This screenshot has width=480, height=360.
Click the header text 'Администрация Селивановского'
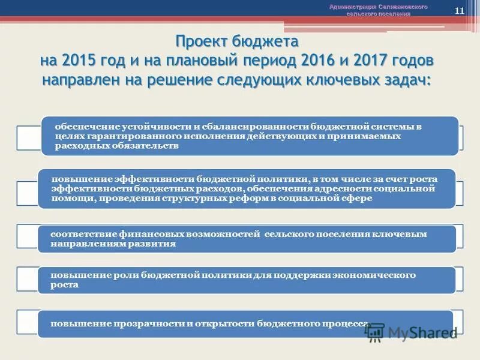click(x=378, y=7)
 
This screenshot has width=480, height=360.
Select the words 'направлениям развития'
click(x=113, y=244)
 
